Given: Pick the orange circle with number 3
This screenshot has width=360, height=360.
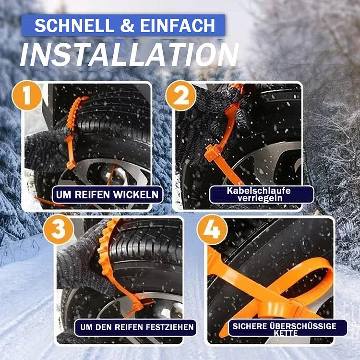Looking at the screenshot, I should coord(58,230).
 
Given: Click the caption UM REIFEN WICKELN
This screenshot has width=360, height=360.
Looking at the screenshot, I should coord(107,195).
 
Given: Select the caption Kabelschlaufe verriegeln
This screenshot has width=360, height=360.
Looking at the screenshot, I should coord(262,194).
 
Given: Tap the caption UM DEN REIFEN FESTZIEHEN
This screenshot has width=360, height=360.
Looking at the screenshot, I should coord(135,328).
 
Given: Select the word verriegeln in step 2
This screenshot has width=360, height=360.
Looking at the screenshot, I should coord(262,198).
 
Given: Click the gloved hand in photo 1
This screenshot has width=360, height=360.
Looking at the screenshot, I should coord(46,146).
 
